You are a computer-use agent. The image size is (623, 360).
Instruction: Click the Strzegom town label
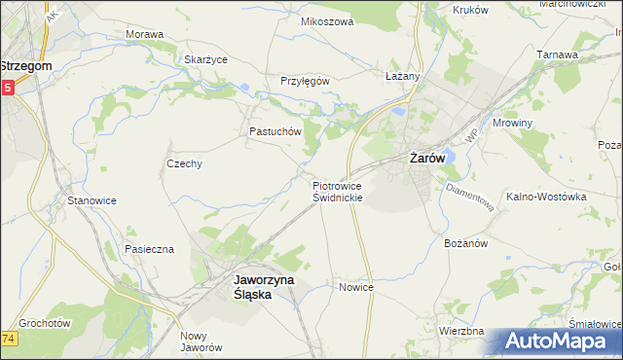[26, 65]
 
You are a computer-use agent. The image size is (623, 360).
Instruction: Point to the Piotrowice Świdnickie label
[338, 190]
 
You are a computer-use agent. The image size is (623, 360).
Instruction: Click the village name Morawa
[144, 34]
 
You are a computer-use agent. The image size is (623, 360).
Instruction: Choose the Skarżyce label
[205, 58]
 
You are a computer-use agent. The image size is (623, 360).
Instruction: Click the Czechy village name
[184, 163]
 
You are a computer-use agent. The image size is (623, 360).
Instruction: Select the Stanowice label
[92, 200]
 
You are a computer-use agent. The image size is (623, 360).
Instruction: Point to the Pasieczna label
[149, 249]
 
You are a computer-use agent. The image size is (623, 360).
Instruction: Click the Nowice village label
[356, 287]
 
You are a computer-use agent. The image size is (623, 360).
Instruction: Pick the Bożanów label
[464, 242]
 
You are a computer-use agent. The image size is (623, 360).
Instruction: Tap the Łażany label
[401, 76]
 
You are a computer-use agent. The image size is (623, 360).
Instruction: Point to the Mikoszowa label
[326, 21]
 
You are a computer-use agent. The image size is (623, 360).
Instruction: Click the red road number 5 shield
[7, 88]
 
